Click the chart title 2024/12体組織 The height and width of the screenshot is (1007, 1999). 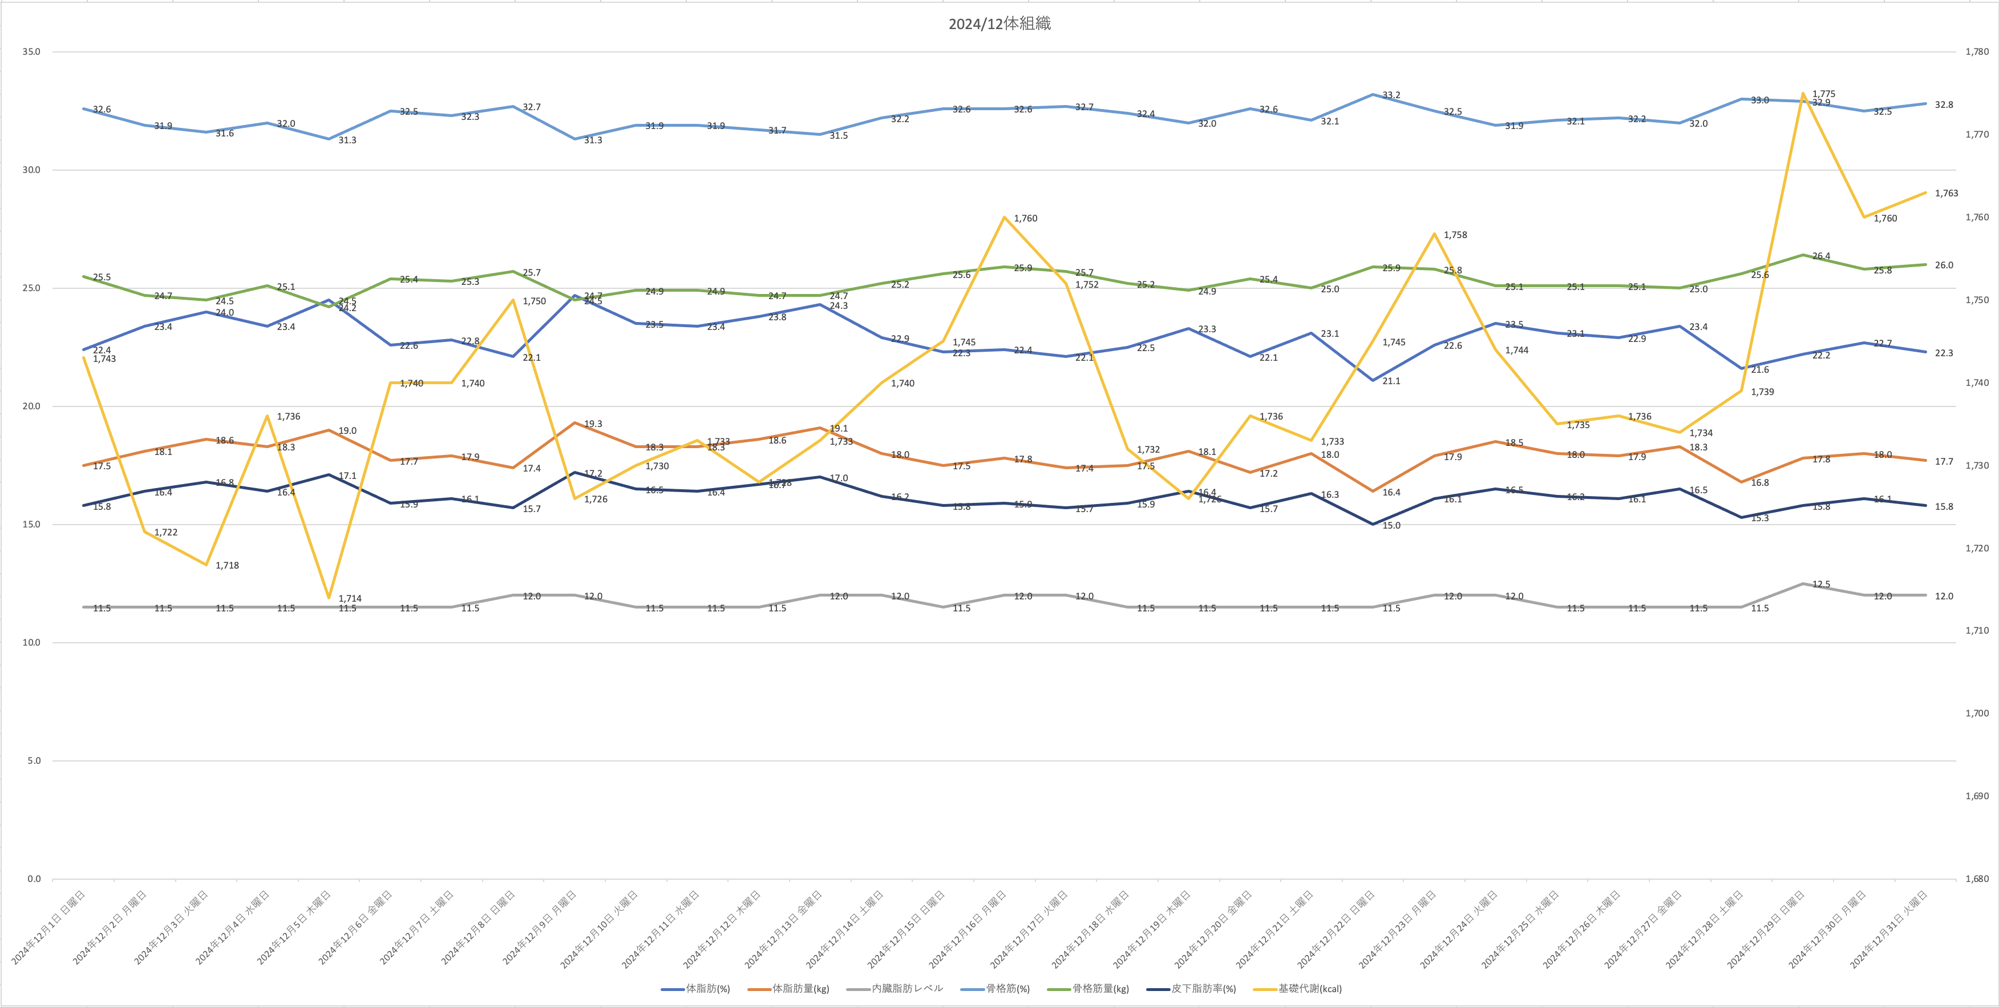(999, 24)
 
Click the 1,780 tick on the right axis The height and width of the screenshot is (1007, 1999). (1977, 52)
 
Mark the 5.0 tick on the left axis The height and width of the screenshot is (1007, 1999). (33, 761)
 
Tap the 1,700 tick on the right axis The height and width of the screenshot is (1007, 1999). (1977, 714)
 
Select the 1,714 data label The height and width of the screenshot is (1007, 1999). (350, 599)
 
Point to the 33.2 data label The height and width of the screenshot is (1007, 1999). (1391, 95)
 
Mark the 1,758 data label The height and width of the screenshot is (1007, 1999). (1455, 235)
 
